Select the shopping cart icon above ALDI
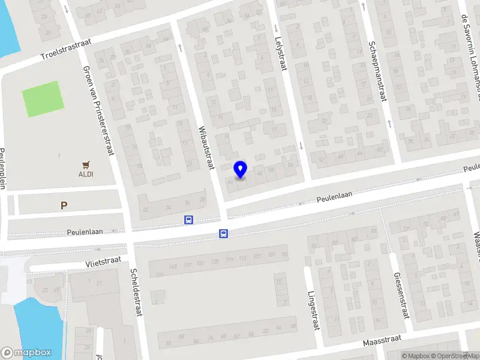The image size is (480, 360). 85,164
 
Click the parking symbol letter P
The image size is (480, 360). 64,205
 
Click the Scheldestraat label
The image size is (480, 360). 135,290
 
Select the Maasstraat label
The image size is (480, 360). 382,342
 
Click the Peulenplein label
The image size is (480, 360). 3,168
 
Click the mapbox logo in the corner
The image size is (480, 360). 26,353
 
